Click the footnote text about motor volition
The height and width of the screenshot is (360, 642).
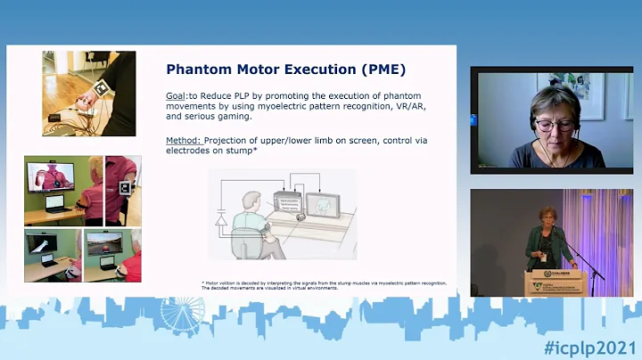click(323, 285)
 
